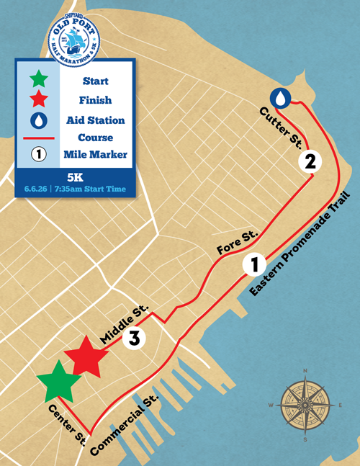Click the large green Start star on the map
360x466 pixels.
click(x=54, y=382)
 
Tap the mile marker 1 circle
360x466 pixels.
click(x=253, y=264)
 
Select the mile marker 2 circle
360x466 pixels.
click(x=310, y=161)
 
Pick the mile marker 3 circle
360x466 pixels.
click(x=134, y=338)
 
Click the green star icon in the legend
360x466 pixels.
click(x=40, y=79)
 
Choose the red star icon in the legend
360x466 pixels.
click(x=40, y=99)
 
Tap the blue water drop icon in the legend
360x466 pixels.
click(x=40, y=118)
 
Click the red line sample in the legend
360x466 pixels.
click(x=40, y=136)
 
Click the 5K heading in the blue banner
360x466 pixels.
click(x=74, y=176)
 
